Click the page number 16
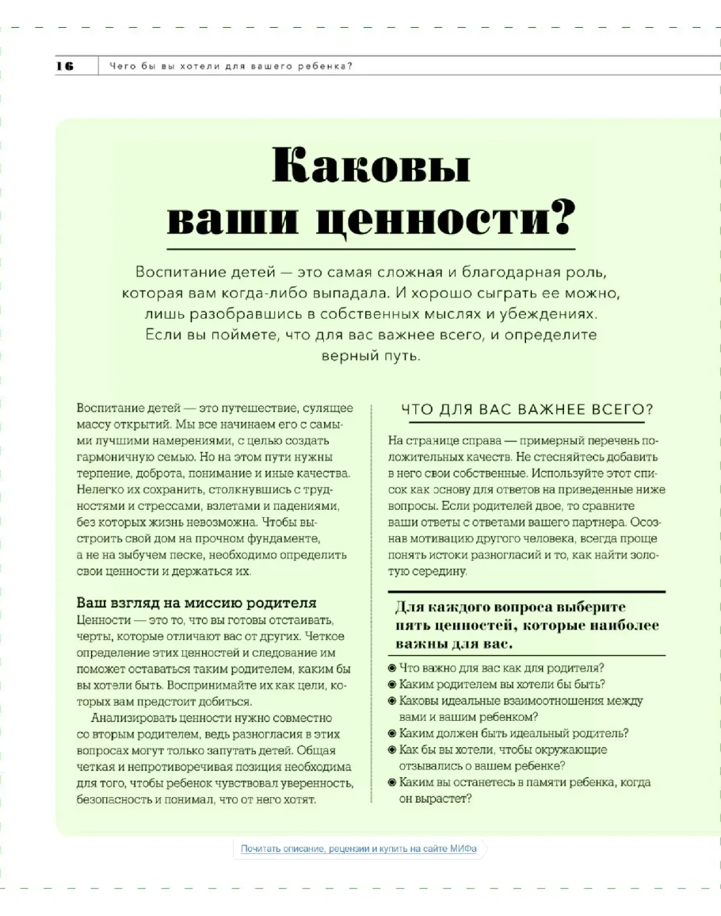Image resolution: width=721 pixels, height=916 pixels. pyautogui.click(x=65, y=66)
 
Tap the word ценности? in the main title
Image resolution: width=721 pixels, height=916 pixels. pyautogui.click(x=444, y=218)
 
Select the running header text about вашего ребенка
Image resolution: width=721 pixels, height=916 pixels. pyautogui.click(x=230, y=66)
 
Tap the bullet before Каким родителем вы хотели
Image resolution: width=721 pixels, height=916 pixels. pyautogui.click(x=392, y=684)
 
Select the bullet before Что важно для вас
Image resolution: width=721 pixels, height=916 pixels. pyautogui.click(x=392, y=667)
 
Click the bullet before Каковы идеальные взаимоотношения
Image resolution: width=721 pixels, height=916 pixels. pyautogui.click(x=392, y=700)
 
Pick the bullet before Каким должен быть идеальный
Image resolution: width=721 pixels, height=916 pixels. pyautogui.click(x=392, y=733)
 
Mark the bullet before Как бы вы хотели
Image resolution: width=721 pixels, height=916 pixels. pyautogui.click(x=392, y=749)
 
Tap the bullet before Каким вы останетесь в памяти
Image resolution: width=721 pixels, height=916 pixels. pyautogui.click(x=392, y=782)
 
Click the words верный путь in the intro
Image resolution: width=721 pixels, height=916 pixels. pyautogui.click(x=370, y=355)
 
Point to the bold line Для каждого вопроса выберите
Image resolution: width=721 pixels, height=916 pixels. pyautogui.click(x=510, y=607)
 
